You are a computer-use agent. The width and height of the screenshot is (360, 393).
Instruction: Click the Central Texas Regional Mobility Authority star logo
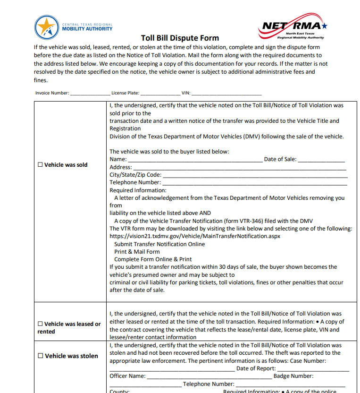pyautogui.click(x=47, y=27)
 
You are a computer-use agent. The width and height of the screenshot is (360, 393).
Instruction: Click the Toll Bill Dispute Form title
pyautogui.click(x=180, y=38)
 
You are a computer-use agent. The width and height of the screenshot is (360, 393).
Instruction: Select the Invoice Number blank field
pyautogui.click(x=90, y=94)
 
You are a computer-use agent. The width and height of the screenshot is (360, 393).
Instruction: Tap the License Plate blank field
pyautogui.click(x=159, y=94)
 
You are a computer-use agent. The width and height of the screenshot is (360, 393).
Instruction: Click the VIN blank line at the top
pyautogui.click(x=226, y=94)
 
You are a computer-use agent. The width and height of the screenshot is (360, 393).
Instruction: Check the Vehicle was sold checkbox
pyautogui.click(x=40, y=165)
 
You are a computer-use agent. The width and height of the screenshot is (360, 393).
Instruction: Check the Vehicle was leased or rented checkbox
pyautogui.click(x=40, y=324)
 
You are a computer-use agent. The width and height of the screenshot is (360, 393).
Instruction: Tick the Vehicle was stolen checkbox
pyautogui.click(x=40, y=356)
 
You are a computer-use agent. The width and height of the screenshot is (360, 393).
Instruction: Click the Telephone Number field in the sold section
pyautogui.click(x=254, y=183)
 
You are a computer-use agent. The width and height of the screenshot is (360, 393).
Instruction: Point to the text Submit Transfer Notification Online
pyautogui.click(x=159, y=244)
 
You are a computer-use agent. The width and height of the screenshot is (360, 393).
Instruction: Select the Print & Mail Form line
pyautogui.click(x=137, y=252)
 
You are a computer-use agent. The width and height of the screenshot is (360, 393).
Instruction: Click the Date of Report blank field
pyautogui.click(x=313, y=369)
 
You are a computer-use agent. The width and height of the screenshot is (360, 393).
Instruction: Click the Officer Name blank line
pyautogui.click(x=209, y=377)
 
